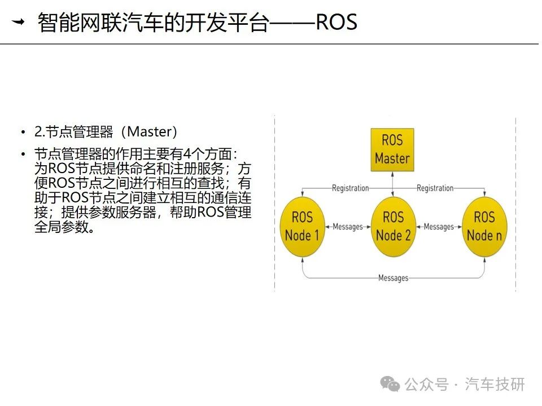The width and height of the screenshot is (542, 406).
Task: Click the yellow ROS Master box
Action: tap(392, 150)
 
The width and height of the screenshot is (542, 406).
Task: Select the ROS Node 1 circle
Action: tap(302, 227)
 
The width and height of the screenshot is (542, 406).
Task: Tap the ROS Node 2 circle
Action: tap(393, 227)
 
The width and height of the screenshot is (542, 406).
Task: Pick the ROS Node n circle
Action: tap(484, 227)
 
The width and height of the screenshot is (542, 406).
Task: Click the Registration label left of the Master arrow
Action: tap(350, 188)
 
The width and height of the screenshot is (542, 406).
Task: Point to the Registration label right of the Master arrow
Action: tap(435, 188)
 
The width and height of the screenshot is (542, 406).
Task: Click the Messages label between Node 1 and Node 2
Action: tap(348, 227)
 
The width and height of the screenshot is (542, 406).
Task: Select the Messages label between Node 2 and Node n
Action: tap(439, 227)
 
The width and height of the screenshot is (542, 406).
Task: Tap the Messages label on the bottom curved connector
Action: tap(394, 278)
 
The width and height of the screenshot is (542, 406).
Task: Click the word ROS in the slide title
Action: tap(336, 22)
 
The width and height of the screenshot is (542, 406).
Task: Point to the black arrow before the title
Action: tap(18, 22)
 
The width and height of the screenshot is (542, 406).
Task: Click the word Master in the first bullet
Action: tap(149, 131)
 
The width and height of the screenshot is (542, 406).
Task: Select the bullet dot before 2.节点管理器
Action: tap(23, 132)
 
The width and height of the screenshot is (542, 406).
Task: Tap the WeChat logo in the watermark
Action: tap(390, 384)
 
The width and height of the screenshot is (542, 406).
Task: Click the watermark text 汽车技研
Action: tap(495, 384)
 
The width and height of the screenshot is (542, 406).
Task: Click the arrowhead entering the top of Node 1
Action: tap(303, 195)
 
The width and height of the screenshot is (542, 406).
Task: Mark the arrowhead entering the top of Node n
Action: tap(484, 195)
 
